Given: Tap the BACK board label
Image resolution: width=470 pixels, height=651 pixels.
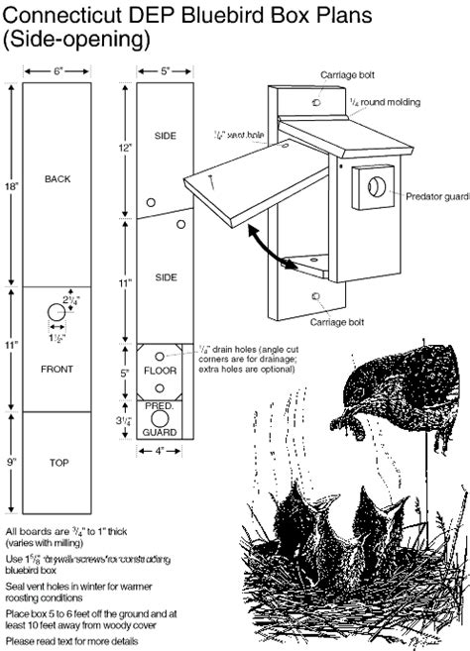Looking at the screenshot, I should pos(58,179).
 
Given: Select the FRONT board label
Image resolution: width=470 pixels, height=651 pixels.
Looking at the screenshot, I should pos(58,369).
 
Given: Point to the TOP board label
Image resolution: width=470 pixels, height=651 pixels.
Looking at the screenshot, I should pos(58,463).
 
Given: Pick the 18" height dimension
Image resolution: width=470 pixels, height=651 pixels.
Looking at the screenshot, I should pos(10,185).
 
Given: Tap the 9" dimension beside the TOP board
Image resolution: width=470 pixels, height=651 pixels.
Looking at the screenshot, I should pos(11,460).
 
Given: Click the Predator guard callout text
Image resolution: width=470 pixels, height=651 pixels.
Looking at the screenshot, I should pos(436,196).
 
